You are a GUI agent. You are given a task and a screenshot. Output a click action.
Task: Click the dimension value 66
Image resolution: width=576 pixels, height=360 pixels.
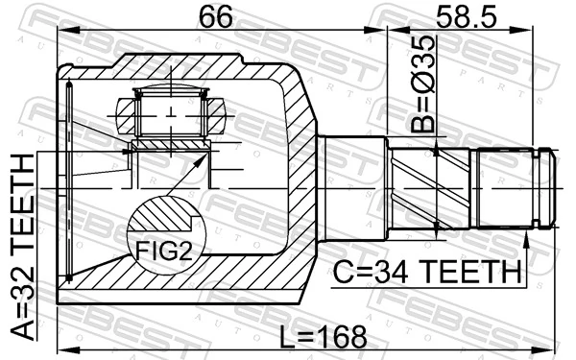click(220, 17)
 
